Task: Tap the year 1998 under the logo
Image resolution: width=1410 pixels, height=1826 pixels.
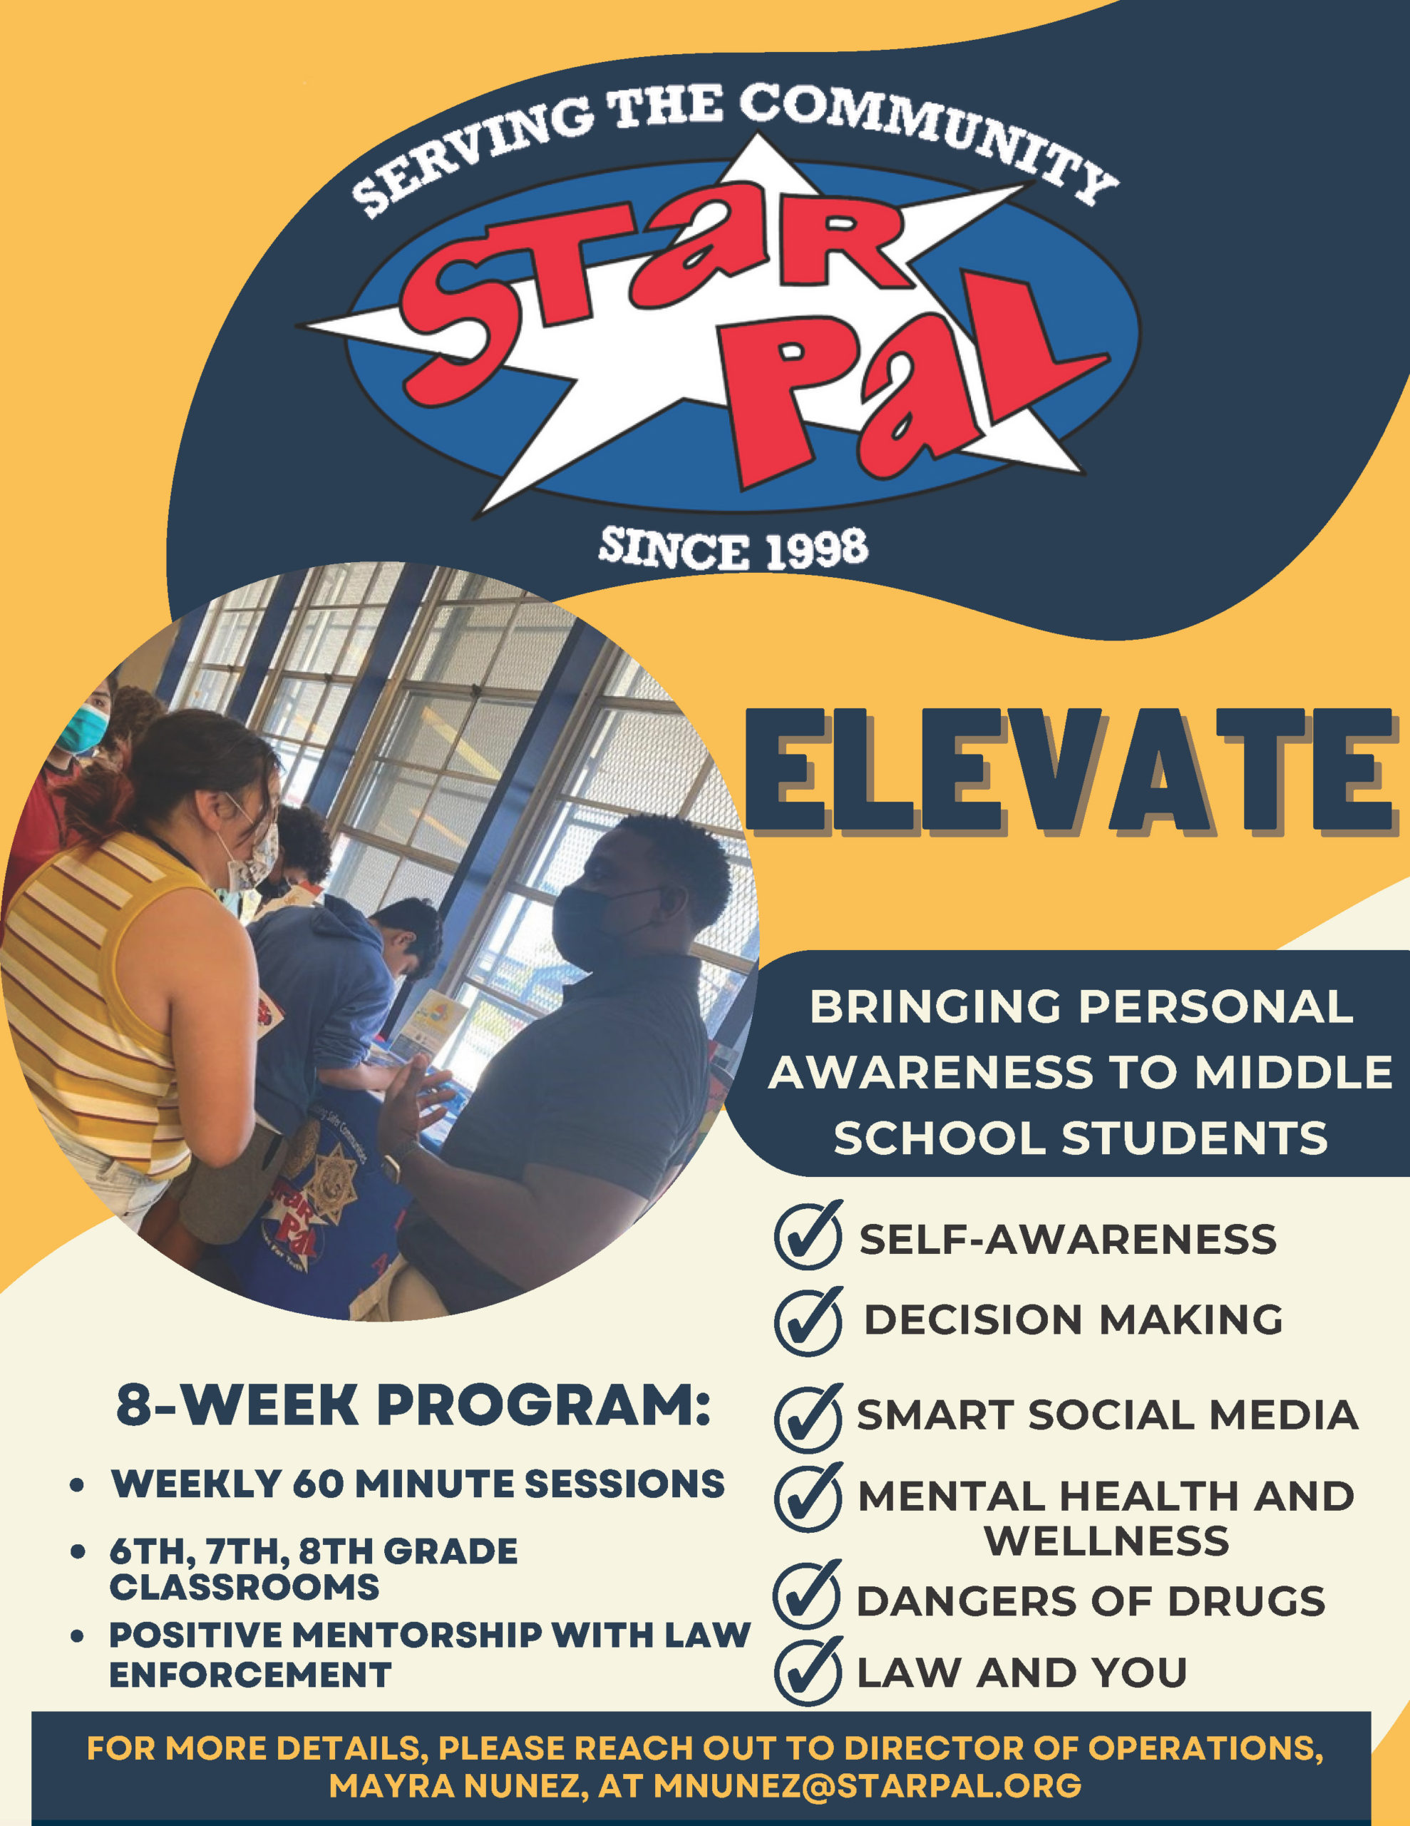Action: click(818, 549)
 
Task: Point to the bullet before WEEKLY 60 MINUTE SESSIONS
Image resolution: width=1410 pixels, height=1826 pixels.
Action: click(78, 1486)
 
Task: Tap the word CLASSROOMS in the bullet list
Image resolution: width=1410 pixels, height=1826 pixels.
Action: click(244, 1586)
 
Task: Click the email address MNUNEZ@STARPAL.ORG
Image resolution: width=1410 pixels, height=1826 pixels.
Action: click(868, 1785)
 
